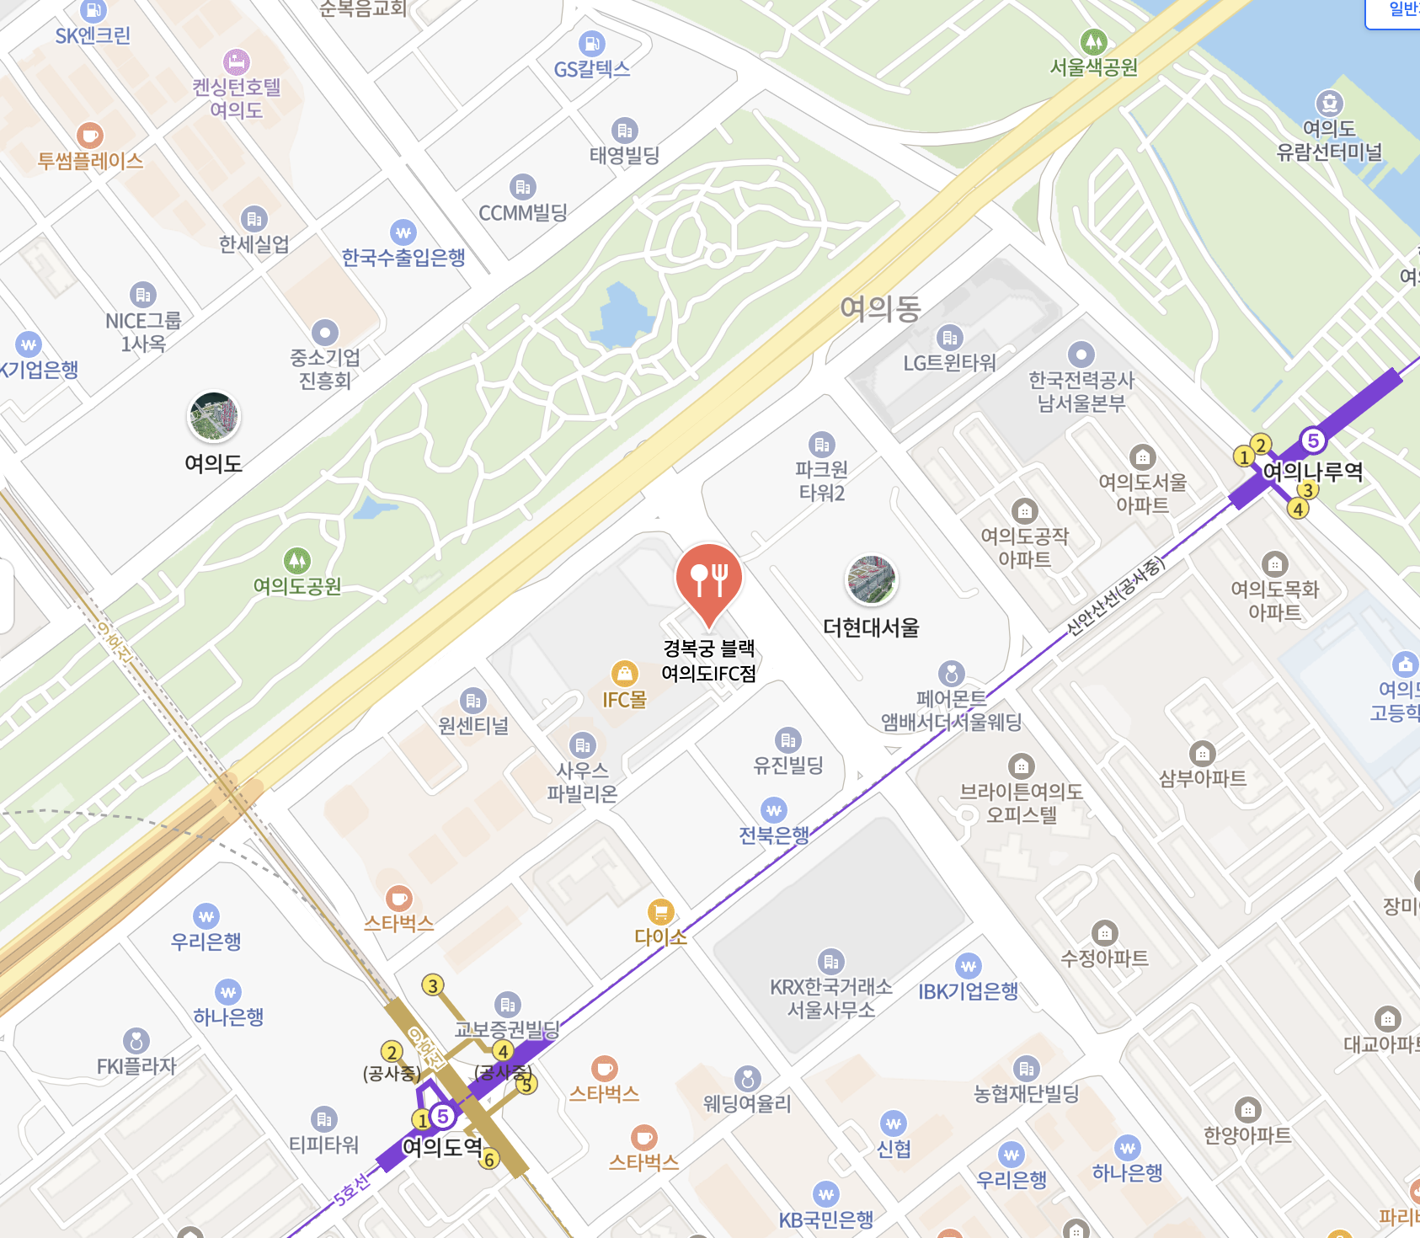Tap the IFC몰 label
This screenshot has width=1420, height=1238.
(x=624, y=700)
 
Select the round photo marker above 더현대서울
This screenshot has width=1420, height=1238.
(x=871, y=580)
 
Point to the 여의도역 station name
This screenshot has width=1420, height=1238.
(x=442, y=1147)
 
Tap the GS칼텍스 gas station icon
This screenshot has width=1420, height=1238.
(x=592, y=43)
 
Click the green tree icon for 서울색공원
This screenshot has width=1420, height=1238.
(x=1093, y=40)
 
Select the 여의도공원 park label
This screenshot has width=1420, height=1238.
(x=297, y=586)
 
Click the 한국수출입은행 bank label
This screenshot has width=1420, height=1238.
(x=403, y=258)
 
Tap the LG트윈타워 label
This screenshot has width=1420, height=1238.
(x=949, y=363)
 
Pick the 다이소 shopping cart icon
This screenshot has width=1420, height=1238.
(x=660, y=911)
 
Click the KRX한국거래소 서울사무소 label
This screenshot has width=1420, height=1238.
(x=831, y=998)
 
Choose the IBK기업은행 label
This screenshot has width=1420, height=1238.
(x=969, y=991)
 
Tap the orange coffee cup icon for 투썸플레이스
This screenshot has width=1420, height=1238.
(x=89, y=135)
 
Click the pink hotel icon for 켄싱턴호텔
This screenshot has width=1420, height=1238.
(x=237, y=61)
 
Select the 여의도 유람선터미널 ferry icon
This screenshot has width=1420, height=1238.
(x=1329, y=103)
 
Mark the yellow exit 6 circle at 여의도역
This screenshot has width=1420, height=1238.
(x=489, y=1160)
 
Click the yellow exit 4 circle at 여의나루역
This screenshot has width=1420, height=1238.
(x=1298, y=509)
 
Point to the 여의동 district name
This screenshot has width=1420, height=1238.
(x=880, y=309)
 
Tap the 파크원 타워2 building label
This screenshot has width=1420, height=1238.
(x=821, y=481)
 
